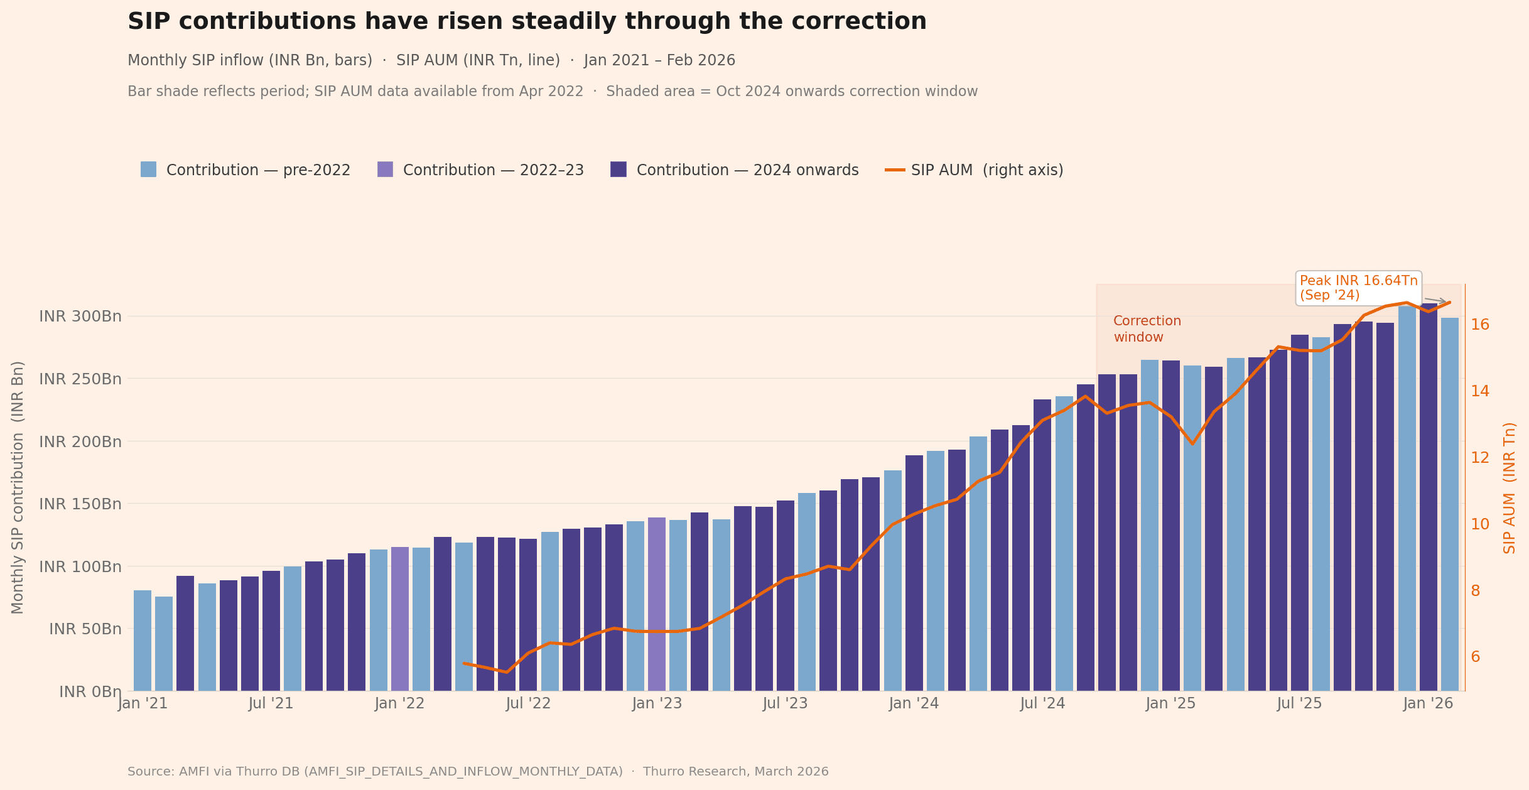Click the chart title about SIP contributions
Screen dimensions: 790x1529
point(526,21)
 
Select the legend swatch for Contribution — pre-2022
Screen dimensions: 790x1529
point(148,170)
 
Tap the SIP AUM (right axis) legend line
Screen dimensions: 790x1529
point(895,170)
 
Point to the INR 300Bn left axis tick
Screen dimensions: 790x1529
point(80,316)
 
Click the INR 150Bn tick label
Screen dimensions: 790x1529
point(80,504)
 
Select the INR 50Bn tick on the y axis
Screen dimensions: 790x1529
point(85,629)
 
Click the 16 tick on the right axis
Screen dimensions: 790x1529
point(1480,324)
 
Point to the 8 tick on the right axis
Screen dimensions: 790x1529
point(1475,590)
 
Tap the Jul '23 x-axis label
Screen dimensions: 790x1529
point(785,703)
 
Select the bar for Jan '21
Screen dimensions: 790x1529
point(143,641)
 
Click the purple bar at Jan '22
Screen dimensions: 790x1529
point(400,619)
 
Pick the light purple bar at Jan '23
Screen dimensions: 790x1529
point(657,604)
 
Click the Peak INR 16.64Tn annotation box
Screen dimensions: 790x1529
point(1358,288)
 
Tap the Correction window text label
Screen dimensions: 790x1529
point(1147,329)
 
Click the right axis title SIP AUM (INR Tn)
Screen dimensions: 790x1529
point(1510,488)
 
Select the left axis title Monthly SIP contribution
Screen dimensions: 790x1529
point(18,487)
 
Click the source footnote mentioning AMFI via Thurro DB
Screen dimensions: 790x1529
point(477,771)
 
